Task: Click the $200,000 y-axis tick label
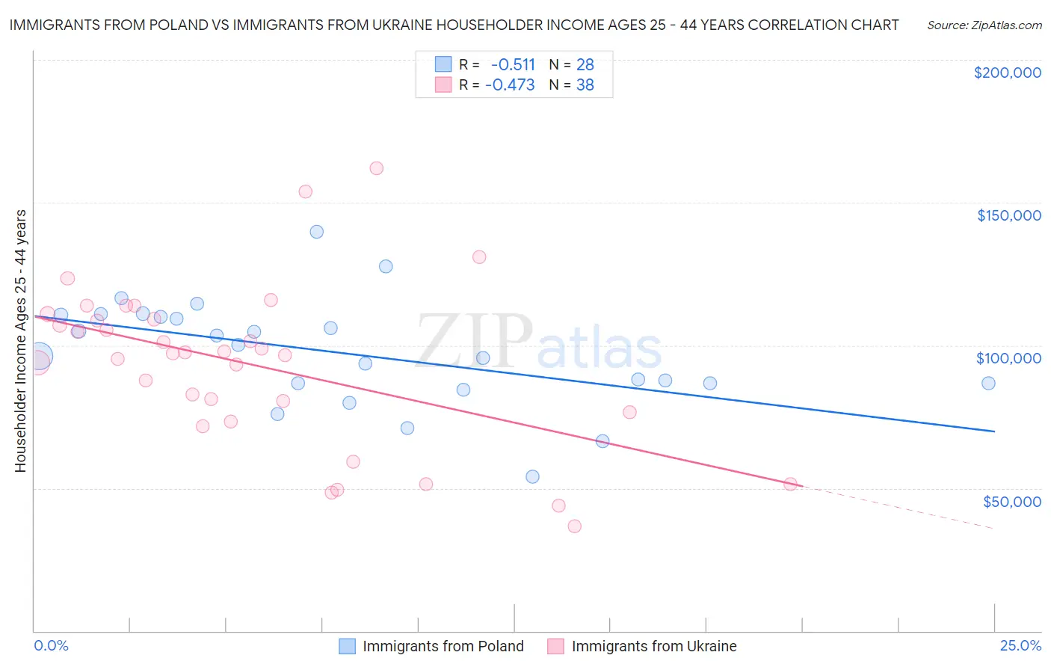(x=1007, y=73)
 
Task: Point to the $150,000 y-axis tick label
(x=1008, y=215)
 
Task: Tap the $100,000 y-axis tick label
(x=1008, y=358)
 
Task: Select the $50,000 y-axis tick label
(x=1011, y=502)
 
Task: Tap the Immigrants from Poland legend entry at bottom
(x=431, y=646)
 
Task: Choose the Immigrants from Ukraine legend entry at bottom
(x=642, y=646)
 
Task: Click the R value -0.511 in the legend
(x=513, y=65)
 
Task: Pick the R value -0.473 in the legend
(x=510, y=85)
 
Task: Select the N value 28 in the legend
(x=585, y=65)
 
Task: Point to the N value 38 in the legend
(x=585, y=85)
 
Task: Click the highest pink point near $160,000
(x=377, y=168)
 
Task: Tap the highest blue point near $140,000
(x=317, y=232)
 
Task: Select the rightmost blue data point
(x=988, y=383)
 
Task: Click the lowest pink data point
(x=574, y=526)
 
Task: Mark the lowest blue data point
(x=532, y=476)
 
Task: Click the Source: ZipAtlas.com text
(x=984, y=25)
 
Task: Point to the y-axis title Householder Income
(x=20, y=341)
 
